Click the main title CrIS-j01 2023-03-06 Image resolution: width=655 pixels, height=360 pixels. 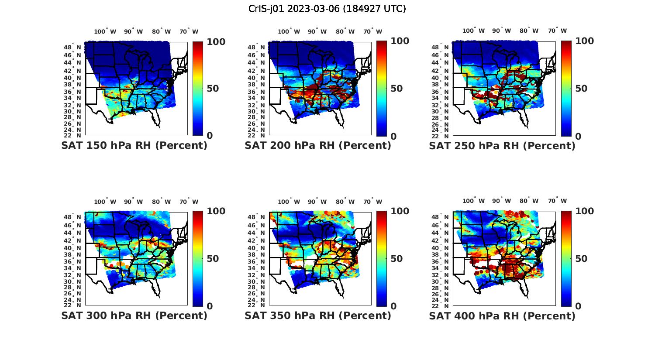(327, 9)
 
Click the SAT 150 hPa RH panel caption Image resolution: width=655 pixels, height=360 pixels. (134, 146)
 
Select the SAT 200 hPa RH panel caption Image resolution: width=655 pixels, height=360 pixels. (318, 146)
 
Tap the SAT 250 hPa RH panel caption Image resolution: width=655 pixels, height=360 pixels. (502, 146)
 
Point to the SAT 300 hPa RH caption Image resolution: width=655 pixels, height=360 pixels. (134, 315)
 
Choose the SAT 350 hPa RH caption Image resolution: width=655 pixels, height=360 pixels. (318, 315)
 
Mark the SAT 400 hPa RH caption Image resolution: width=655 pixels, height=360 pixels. (502, 315)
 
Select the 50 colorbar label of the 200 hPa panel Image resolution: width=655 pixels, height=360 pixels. (396, 89)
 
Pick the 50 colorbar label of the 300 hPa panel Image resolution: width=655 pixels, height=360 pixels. (213, 259)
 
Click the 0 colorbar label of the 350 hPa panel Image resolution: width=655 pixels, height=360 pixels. (393, 306)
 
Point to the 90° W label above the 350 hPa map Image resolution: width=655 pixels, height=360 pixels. (317, 202)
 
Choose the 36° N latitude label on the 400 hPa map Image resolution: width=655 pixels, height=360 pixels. (441, 261)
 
